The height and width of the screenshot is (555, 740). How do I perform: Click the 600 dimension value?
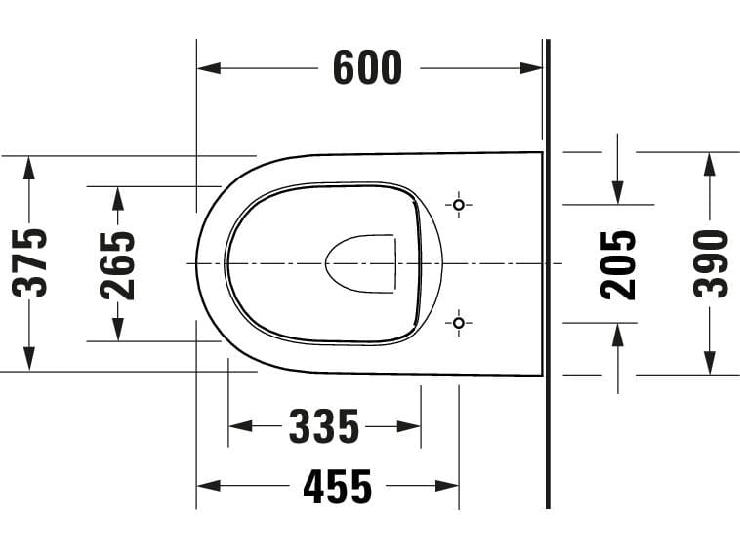(x=366, y=67)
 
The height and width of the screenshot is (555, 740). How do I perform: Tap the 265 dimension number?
(x=118, y=263)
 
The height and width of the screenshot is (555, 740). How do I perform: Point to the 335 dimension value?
(x=324, y=426)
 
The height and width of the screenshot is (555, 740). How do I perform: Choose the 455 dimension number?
(x=337, y=485)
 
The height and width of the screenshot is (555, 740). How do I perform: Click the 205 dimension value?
(x=618, y=263)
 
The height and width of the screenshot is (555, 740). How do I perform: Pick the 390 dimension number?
(x=710, y=263)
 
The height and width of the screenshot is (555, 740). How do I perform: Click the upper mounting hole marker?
(x=459, y=205)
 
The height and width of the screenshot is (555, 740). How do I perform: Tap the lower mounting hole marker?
(x=459, y=322)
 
